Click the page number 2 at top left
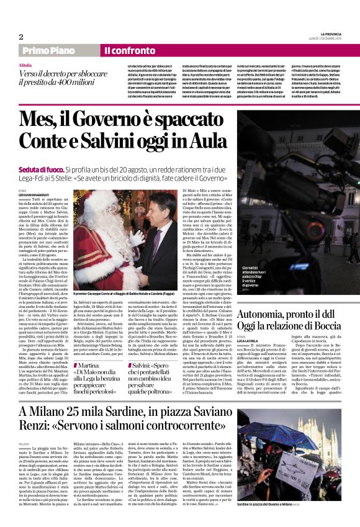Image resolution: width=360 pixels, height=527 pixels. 20,37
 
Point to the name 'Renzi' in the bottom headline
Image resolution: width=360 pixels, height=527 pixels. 38,430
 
